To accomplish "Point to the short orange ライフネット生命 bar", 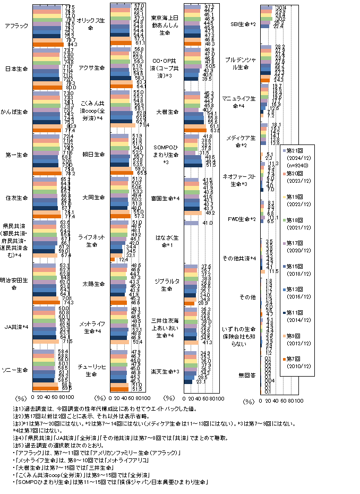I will click(x=112, y=259).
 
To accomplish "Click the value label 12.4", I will click(x=121, y=259).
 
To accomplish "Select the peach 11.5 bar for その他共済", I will click(x=262, y=271).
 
